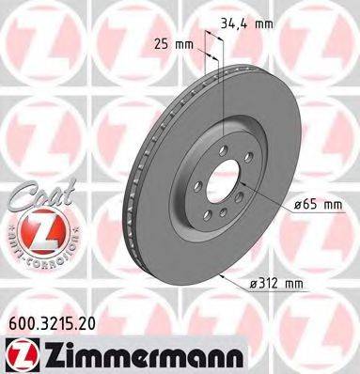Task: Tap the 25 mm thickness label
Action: click(x=168, y=44)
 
